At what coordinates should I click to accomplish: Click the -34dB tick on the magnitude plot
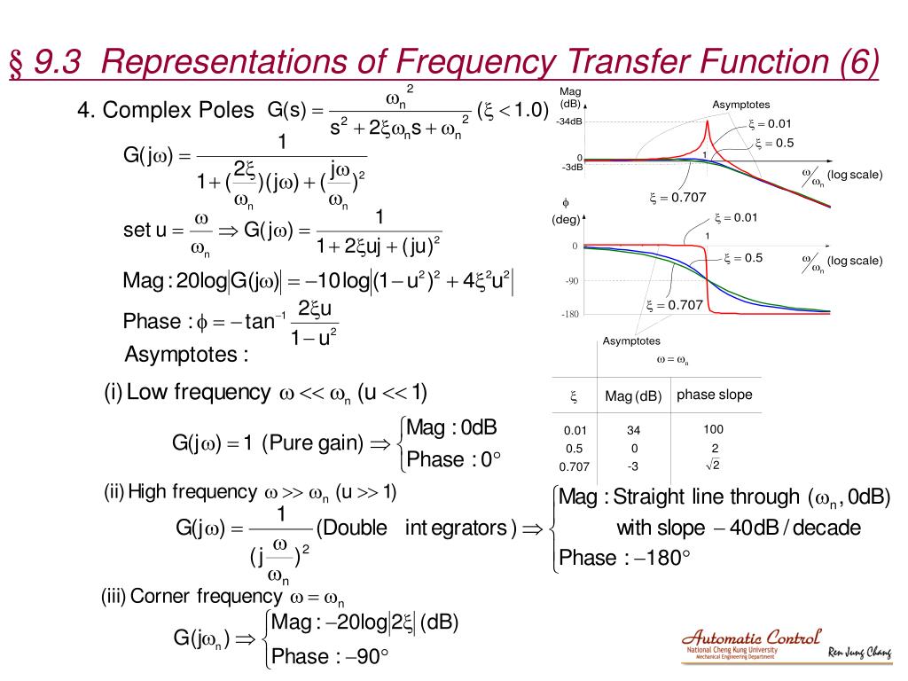point(569,122)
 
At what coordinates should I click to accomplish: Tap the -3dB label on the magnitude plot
point(571,167)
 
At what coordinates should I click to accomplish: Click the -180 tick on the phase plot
point(569,314)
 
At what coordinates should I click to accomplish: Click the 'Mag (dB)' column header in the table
point(633,396)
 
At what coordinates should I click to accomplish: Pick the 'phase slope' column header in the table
point(714,395)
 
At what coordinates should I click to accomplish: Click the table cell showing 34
point(633,430)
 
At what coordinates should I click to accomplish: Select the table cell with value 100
point(713,429)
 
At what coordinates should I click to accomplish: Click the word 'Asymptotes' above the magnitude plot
point(740,105)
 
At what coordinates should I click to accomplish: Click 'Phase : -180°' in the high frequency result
point(624,558)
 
